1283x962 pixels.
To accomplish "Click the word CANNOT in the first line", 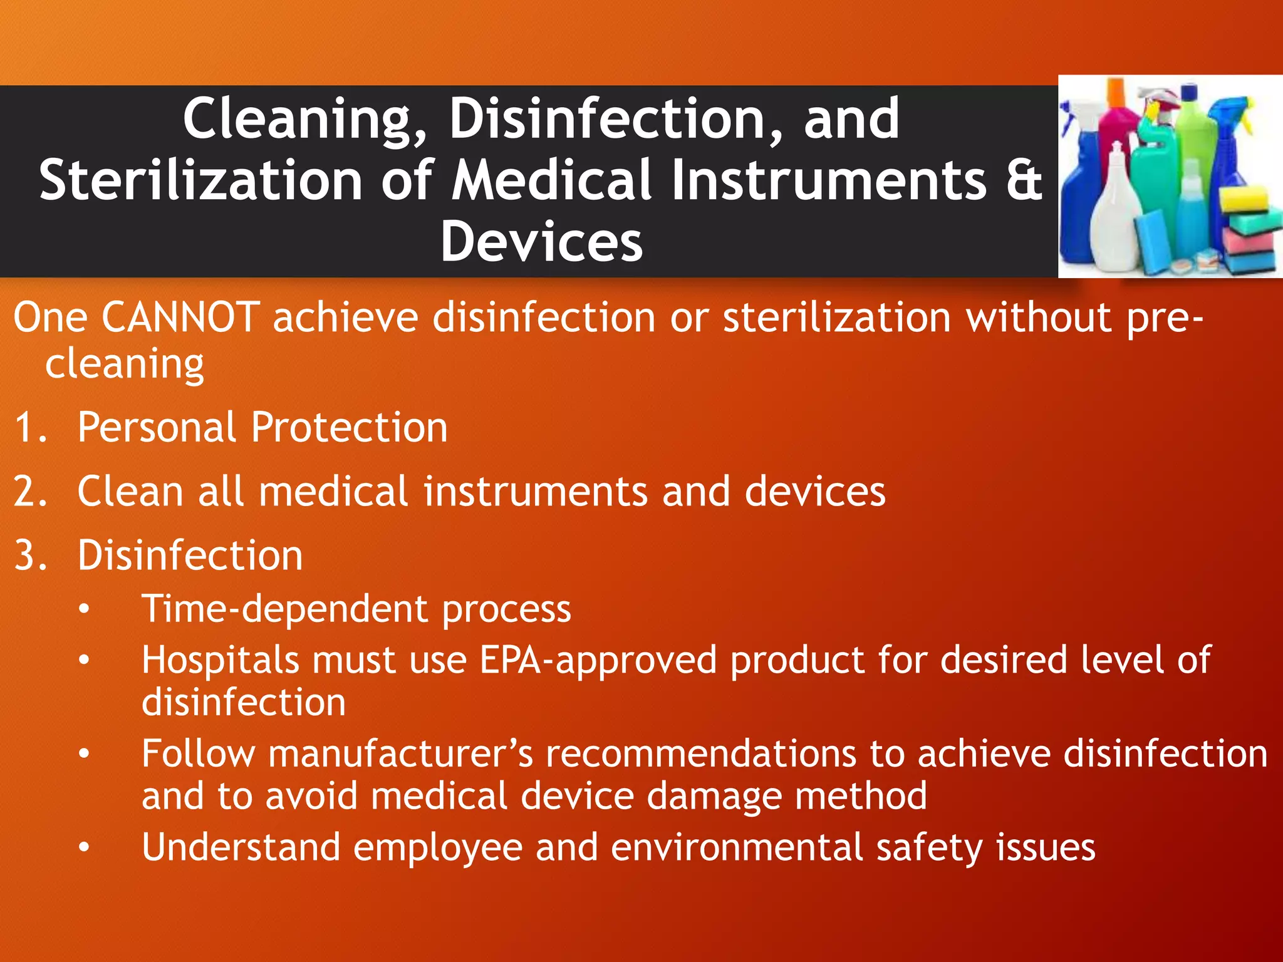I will [180, 317].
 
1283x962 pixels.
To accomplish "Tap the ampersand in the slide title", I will [1025, 180].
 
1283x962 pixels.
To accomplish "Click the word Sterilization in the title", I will [200, 180].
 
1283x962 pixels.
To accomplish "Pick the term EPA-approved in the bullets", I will [598, 660].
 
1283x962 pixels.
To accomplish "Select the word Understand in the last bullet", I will [241, 847].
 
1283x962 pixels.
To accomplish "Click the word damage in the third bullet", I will [714, 796].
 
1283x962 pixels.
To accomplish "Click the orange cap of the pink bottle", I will [1116, 94].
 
